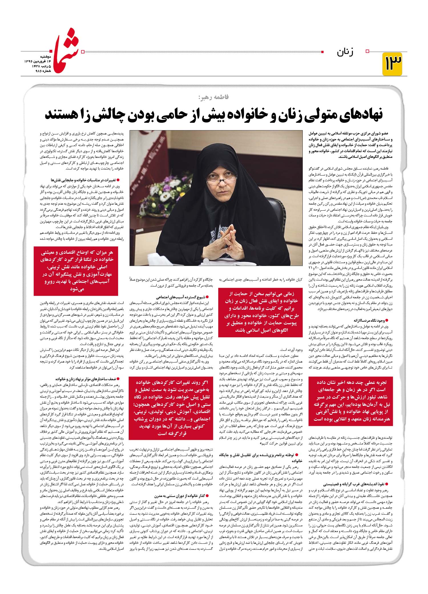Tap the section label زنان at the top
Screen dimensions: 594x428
(x=345, y=52)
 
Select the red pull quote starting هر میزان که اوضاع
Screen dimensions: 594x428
(x=76, y=271)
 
